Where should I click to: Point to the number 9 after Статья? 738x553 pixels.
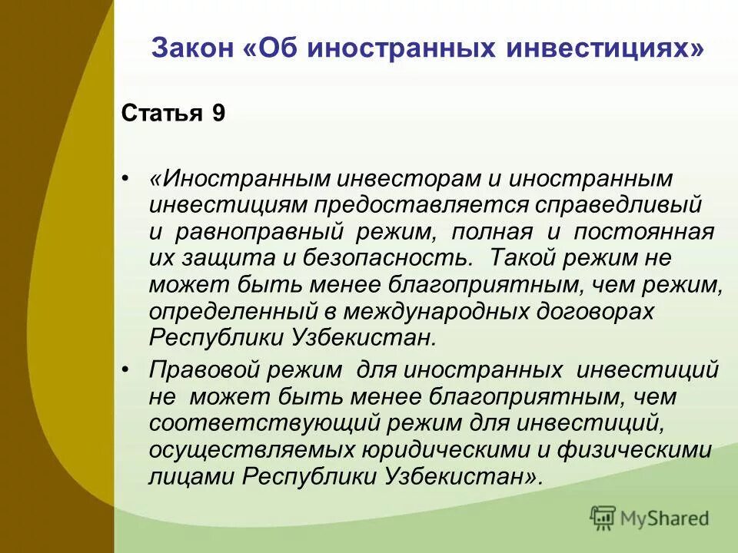[x=219, y=114]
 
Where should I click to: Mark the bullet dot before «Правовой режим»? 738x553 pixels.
[x=127, y=369]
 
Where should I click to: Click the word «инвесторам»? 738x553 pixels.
[x=407, y=179]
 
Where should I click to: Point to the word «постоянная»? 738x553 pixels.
[x=653, y=231]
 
